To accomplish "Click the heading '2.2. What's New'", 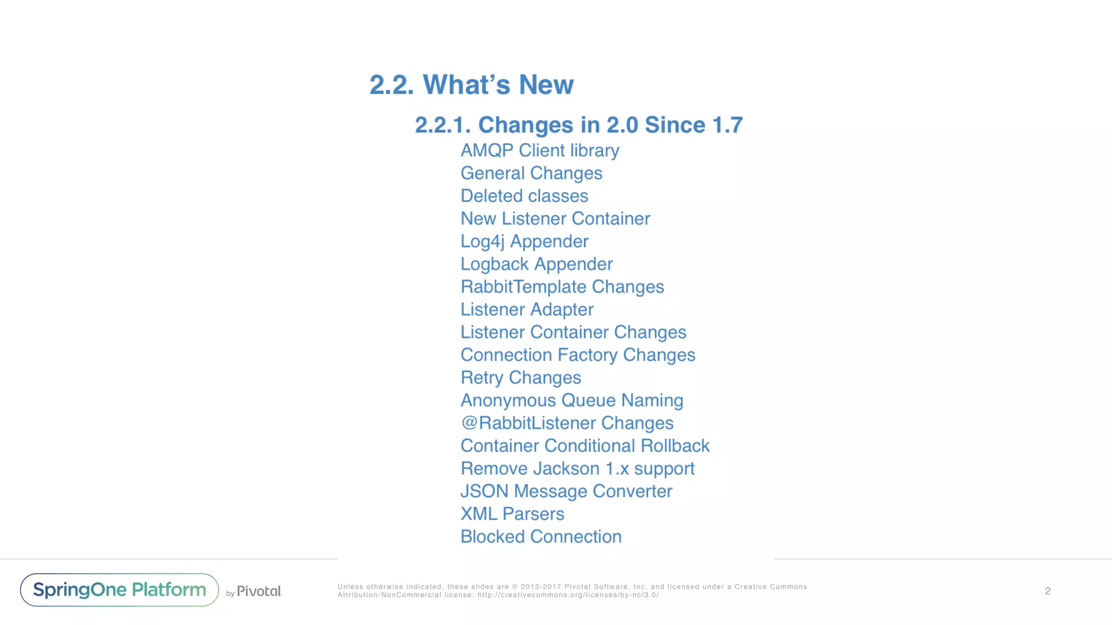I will tap(471, 85).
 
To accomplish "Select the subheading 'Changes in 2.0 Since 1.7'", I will tap(578, 125).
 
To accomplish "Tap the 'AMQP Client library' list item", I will tap(540, 150).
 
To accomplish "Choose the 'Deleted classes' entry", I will tap(524, 196).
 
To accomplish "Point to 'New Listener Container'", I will tap(555, 219).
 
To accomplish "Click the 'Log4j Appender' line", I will tap(524, 241).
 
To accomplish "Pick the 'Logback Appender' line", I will tap(536, 264).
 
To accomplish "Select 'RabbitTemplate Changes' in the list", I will tap(562, 286).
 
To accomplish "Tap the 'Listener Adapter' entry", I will tap(527, 309).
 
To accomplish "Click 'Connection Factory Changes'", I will tap(578, 355).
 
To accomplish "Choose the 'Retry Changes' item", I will tap(521, 378).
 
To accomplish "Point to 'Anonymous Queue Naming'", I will tap(572, 400).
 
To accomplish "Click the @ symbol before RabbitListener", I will tap(469, 423).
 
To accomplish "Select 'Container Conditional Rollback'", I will tap(585, 446).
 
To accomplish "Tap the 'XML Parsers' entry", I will tap(512, 514).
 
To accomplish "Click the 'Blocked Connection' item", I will tap(541, 537).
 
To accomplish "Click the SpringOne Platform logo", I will tap(119, 590).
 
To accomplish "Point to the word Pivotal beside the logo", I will tap(259, 591).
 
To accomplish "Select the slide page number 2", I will tap(1047, 591).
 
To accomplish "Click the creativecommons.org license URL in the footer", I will tap(567, 595).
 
